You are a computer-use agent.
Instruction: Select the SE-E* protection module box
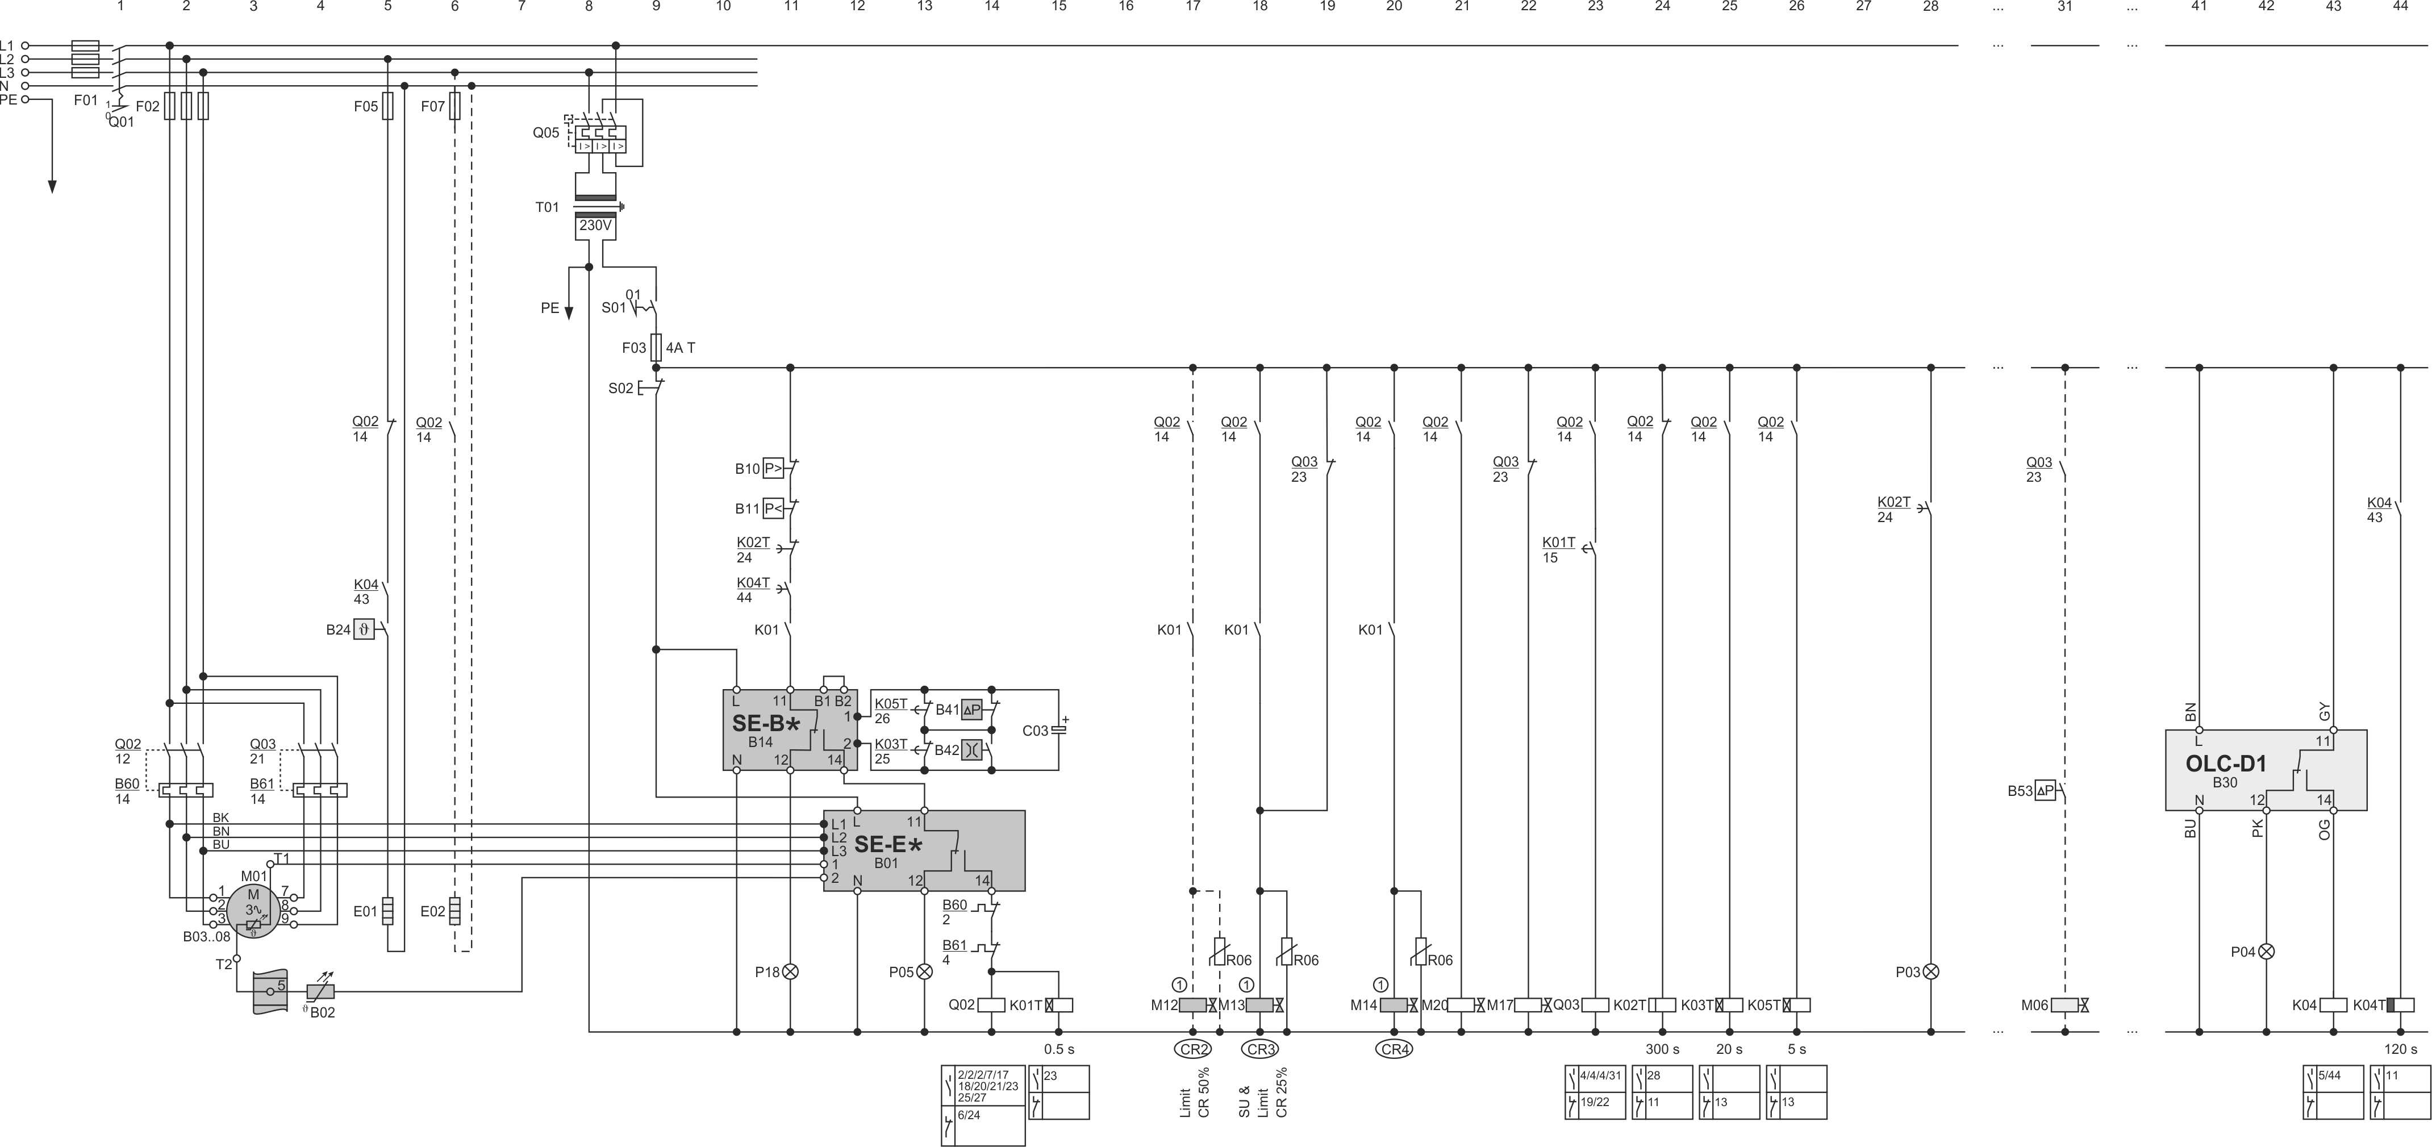pos(924,850)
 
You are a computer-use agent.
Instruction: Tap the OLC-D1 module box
pos(2266,769)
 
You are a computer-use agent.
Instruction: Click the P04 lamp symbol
pos(2266,952)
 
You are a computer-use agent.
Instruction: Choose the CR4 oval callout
pos(1394,1049)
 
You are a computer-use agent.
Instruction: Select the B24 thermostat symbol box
pos(364,629)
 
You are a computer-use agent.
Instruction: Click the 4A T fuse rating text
pos(681,348)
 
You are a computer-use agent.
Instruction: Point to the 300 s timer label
pos(1663,1049)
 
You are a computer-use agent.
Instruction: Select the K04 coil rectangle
pos(2333,1006)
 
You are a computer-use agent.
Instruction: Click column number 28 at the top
pos(1931,7)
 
